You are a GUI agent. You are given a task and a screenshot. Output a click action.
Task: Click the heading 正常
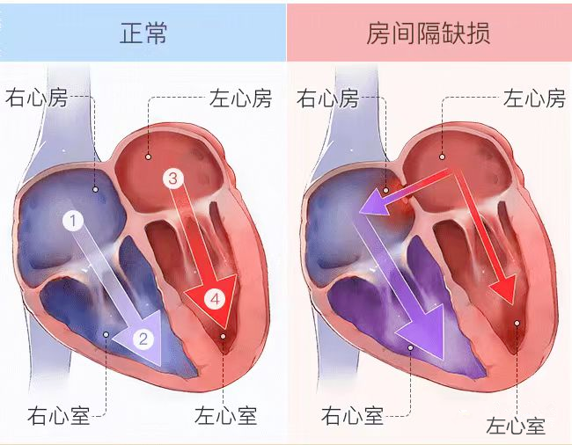(143, 33)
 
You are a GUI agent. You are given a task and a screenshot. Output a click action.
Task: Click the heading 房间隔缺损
(429, 33)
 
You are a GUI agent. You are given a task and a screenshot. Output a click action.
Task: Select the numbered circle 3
(173, 179)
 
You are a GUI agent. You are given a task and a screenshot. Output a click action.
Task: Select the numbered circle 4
(216, 300)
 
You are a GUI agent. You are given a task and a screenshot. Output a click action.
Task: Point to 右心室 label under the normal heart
(58, 413)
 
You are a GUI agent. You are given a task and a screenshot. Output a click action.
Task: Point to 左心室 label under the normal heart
(225, 413)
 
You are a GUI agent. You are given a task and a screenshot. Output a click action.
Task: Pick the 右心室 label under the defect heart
(352, 413)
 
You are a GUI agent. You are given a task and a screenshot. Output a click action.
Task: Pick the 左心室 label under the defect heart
(516, 427)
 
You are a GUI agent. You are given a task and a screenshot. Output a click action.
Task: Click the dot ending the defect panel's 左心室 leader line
(517, 323)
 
